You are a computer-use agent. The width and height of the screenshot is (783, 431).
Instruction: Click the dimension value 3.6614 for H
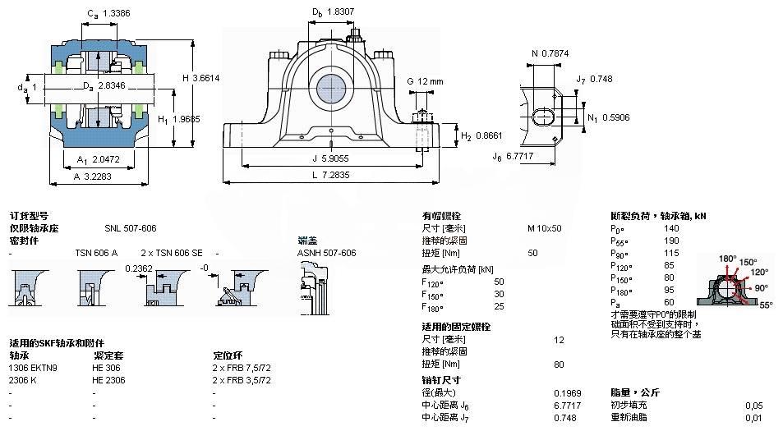pos(205,78)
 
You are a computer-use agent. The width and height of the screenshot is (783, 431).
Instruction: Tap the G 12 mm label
pos(425,81)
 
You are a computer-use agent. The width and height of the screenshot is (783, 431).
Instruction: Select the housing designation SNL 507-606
pos(130,228)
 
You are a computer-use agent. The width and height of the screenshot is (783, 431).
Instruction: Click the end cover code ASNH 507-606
pos(326,253)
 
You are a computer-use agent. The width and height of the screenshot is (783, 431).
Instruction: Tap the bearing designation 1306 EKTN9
pos(33,368)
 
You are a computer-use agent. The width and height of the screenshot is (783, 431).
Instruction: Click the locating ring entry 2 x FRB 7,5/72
pos(242,368)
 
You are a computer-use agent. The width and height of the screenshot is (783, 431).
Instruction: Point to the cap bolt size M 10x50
pos(544,228)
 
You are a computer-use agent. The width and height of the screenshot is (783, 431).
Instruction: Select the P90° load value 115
pos(670,253)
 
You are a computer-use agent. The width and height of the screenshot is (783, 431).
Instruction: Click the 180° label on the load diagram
pos(727,259)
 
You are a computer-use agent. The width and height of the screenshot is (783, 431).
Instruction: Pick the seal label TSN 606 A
pos(96,253)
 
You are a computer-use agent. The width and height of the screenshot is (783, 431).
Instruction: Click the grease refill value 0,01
pos(753,418)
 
